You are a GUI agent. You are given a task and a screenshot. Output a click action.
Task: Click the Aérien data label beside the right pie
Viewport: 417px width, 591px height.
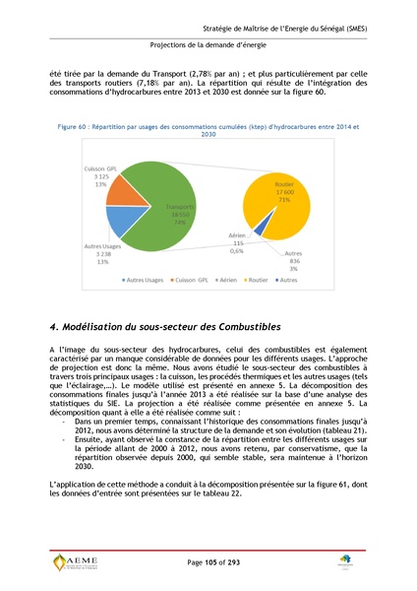[237, 241]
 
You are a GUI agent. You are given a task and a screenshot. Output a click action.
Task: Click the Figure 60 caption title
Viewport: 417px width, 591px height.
[208, 131]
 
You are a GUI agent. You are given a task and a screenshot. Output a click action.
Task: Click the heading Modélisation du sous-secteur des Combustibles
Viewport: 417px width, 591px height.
[164, 326]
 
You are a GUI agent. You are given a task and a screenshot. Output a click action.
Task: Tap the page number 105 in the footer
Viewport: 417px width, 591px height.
[208, 560]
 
